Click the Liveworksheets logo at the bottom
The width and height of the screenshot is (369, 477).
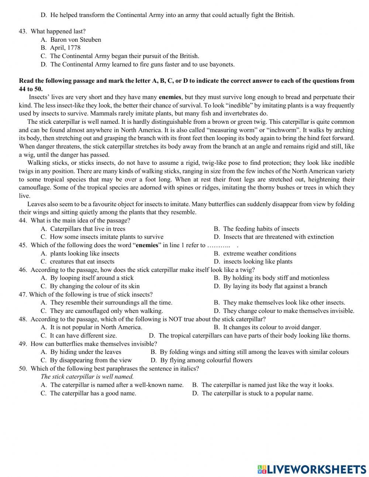click(312, 469)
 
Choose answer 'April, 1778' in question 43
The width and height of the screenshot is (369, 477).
click(65, 48)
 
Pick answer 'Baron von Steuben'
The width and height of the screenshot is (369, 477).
click(76, 40)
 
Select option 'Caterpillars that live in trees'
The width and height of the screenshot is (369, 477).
click(88, 229)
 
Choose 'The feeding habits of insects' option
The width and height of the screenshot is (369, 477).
click(261, 229)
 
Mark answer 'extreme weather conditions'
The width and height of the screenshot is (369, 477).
click(260, 253)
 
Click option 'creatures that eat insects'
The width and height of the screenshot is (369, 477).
click(82, 262)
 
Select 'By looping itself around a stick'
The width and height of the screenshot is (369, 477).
click(92, 278)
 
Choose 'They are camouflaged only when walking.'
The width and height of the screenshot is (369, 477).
click(106, 311)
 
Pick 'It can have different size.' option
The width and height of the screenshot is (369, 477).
click(83, 335)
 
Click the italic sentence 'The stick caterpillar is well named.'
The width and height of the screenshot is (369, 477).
click(87, 377)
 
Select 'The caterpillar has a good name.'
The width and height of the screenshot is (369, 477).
click(93, 393)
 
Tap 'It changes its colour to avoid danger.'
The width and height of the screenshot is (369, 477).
click(272, 327)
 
